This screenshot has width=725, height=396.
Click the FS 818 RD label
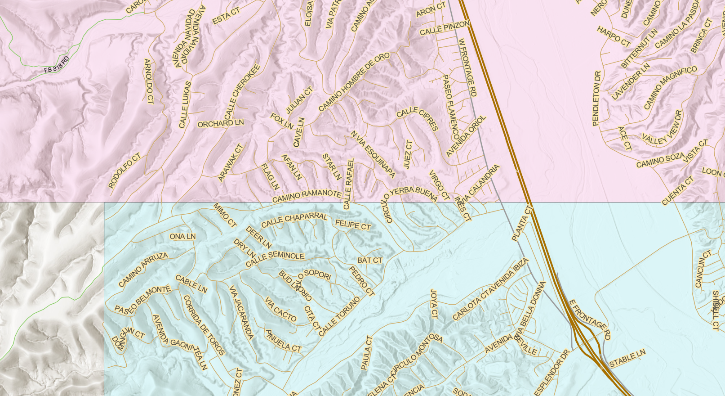[x=57, y=65]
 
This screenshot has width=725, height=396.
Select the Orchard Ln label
[x=220, y=123]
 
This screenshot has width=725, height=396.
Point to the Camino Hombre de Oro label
[x=354, y=82]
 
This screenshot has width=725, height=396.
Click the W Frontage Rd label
[x=467, y=67]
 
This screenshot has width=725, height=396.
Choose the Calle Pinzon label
[x=445, y=28]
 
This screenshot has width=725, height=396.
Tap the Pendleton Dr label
[x=596, y=99]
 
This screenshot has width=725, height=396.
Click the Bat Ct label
[x=370, y=260]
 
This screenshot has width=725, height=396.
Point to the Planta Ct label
[x=522, y=223]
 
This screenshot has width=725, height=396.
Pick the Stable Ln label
[x=627, y=358]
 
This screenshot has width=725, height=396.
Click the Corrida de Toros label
[x=204, y=325]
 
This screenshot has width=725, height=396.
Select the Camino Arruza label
[x=143, y=269]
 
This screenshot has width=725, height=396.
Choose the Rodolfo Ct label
[x=125, y=171]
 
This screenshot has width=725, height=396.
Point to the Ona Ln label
[x=182, y=236]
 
